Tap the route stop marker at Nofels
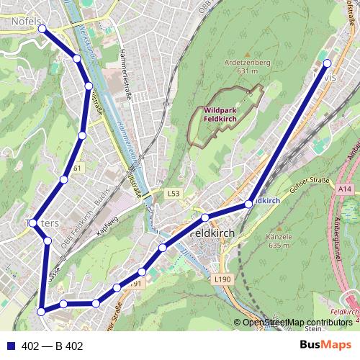[x=42, y=29]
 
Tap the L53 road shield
[x=173, y=194]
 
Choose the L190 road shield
[x=221, y=278]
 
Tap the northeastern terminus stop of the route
[x=328, y=63]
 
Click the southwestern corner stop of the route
[x=42, y=311]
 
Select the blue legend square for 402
[x=10, y=346]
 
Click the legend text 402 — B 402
[x=53, y=346]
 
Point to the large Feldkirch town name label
[x=214, y=235]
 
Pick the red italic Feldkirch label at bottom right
[x=343, y=310]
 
